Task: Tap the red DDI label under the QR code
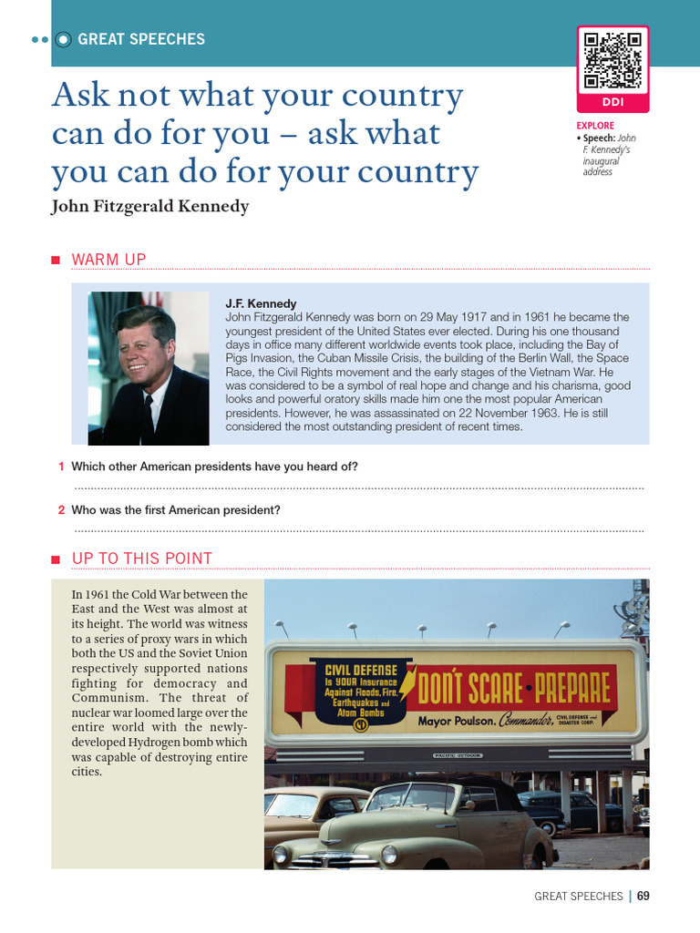pyautogui.click(x=612, y=103)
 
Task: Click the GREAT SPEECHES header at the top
pyautogui.click(x=141, y=39)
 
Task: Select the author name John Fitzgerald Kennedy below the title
pyautogui.click(x=150, y=207)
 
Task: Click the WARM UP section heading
pyautogui.click(x=109, y=261)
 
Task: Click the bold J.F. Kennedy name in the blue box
pyautogui.click(x=261, y=303)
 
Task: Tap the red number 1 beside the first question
pyautogui.click(x=61, y=466)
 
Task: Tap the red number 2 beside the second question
pyautogui.click(x=61, y=510)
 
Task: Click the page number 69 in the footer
pyautogui.click(x=643, y=896)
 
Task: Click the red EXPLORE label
pyautogui.click(x=595, y=126)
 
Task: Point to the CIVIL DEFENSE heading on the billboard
pyautogui.click(x=361, y=671)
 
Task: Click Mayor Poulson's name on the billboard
pyautogui.click(x=456, y=721)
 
